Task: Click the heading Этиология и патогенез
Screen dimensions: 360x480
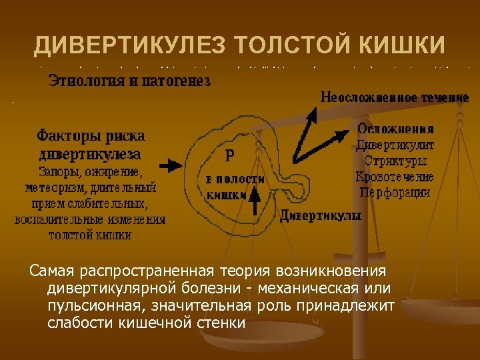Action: tap(129, 82)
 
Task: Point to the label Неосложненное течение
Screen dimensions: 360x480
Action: tap(395, 97)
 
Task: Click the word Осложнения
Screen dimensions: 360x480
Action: tap(395, 129)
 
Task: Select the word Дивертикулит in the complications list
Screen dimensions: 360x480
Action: tap(395, 145)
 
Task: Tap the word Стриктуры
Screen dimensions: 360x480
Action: tap(395, 161)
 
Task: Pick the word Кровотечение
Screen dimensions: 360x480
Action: tap(395, 177)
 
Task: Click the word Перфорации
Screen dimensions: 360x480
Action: tap(395, 193)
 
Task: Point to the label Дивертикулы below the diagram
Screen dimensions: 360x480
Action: tap(320, 216)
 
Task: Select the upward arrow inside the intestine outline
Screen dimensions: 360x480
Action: tap(253, 200)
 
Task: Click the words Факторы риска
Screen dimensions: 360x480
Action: tap(91, 136)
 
